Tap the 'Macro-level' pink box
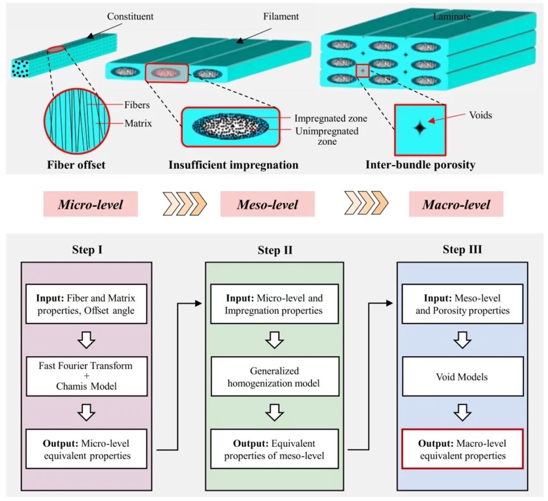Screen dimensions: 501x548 (457, 204)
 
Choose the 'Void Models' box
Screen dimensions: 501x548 (462, 376)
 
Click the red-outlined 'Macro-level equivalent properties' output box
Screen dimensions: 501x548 (462, 448)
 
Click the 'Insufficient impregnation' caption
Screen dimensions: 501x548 (234, 165)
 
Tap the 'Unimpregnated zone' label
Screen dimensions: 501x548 (326, 136)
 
